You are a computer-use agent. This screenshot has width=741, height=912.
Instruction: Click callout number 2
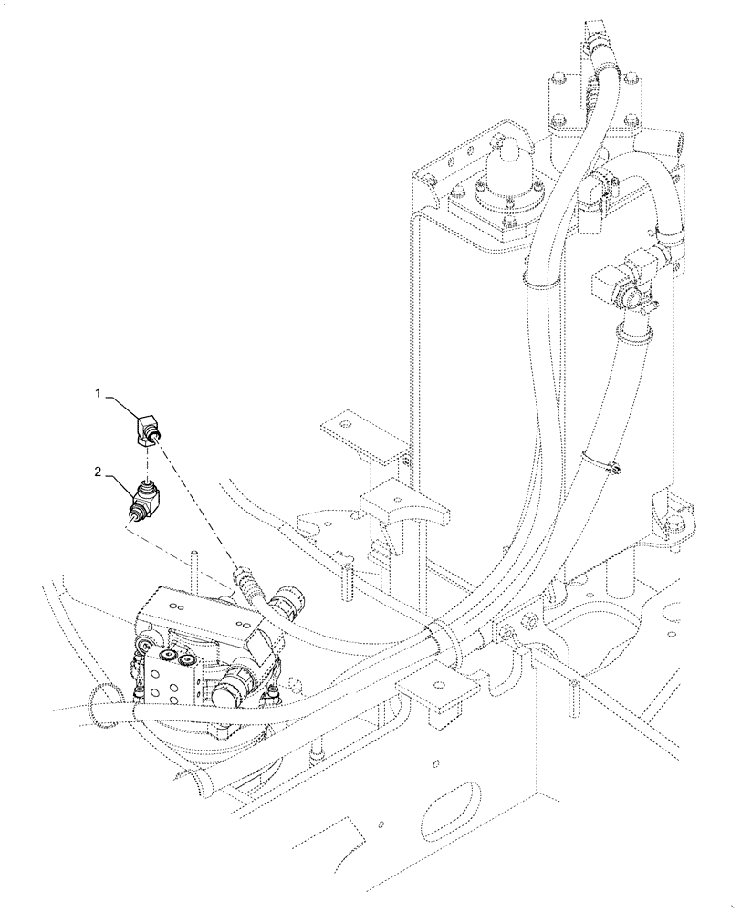pyautogui.click(x=97, y=472)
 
